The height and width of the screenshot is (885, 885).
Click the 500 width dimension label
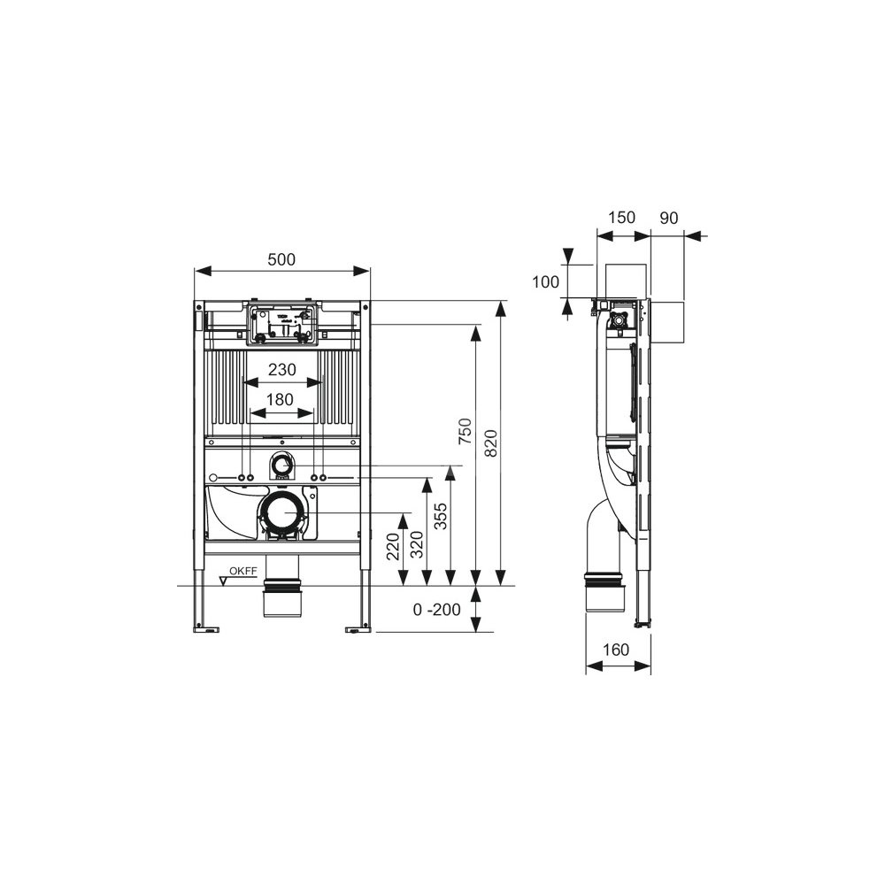281,259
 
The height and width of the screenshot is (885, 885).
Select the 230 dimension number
281,370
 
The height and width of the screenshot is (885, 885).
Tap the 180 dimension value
280,400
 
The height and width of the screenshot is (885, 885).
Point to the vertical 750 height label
465,431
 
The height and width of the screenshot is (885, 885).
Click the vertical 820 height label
491,443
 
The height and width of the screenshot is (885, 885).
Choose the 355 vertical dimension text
441,516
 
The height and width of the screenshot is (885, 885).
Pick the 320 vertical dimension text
417,544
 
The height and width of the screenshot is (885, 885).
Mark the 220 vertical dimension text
393,546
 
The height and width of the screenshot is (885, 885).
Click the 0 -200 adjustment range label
437,610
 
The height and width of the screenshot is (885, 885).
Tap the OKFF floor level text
243,571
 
